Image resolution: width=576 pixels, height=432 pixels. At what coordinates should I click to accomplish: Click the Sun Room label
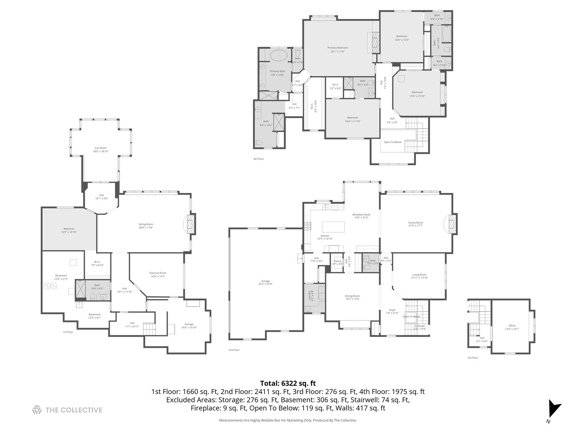pos(100,150)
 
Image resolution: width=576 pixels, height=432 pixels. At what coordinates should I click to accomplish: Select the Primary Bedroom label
pos(337,49)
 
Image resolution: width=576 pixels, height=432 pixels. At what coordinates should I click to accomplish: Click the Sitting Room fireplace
pos(191,224)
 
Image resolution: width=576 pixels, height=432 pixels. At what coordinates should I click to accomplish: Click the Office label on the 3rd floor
pos(512,327)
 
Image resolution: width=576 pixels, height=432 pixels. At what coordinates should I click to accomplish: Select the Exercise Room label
pos(158,274)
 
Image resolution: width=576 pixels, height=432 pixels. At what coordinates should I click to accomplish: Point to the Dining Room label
pos(352,297)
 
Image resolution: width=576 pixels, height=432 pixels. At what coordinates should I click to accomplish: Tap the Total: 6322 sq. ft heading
pos(288,383)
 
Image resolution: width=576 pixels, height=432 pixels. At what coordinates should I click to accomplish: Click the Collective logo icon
pos(37,410)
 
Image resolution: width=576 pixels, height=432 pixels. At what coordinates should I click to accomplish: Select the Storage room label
pos(189,326)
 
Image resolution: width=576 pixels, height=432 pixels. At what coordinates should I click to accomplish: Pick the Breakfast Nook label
pos(361,216)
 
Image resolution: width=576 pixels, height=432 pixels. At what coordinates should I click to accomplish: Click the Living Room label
pos(419,276)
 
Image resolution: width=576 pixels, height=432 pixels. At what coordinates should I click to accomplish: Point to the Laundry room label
pos(309,296)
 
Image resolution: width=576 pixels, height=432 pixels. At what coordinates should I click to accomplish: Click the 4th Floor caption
pos(258,159)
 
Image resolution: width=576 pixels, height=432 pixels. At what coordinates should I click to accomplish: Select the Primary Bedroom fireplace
pos(375,42)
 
